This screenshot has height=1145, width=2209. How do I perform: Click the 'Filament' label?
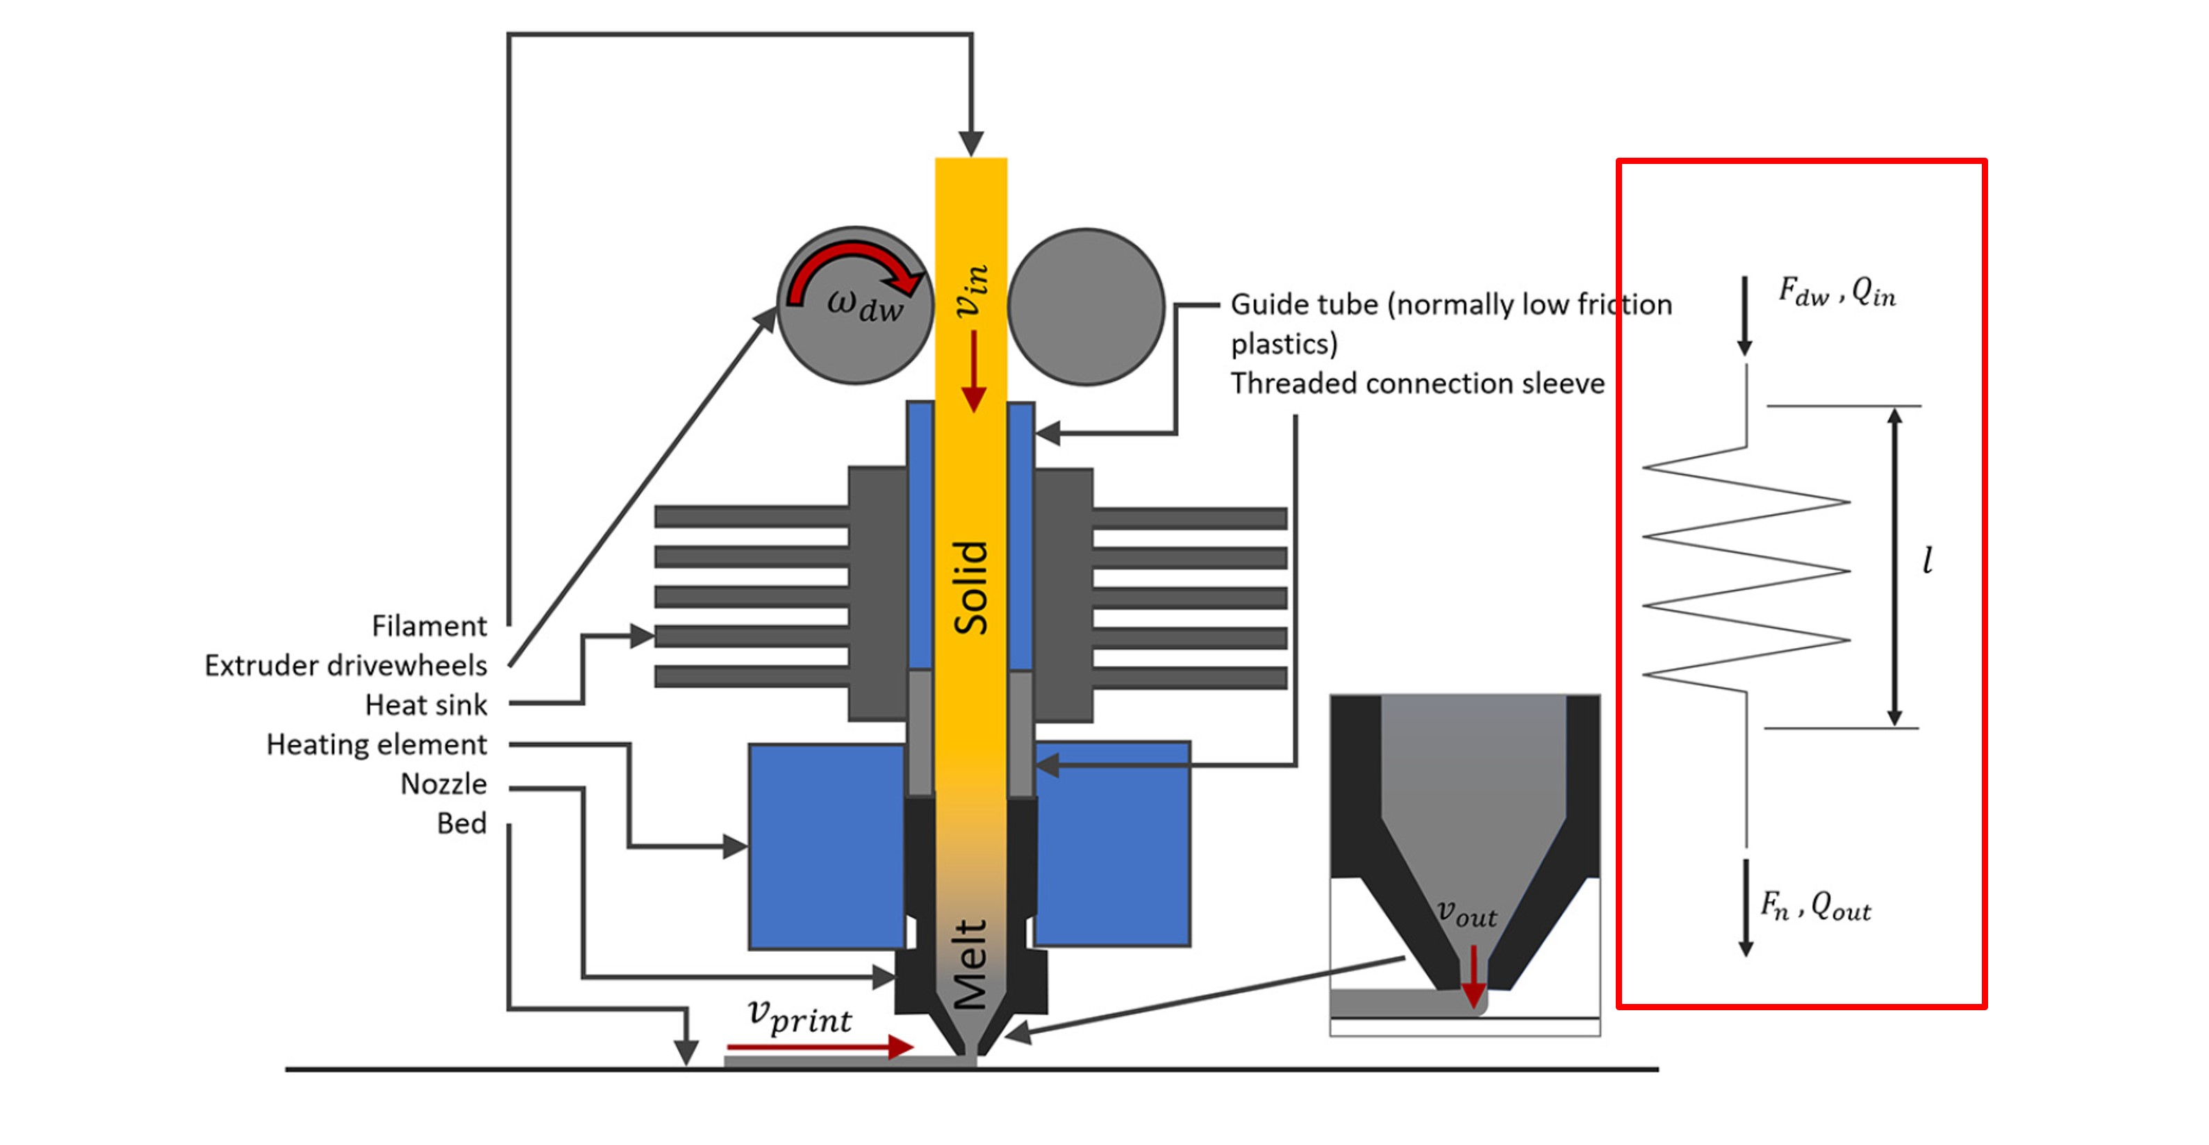429,626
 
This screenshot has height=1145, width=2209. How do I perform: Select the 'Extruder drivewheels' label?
345,666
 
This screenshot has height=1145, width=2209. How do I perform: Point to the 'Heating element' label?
377,745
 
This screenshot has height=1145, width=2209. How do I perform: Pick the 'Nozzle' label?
443,784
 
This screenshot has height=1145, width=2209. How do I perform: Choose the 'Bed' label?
461,823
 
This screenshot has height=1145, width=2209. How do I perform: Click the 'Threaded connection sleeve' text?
1416,384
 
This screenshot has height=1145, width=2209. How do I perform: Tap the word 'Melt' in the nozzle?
970,964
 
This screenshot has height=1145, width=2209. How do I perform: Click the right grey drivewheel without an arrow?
1086,306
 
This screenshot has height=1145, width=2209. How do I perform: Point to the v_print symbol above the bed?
800,1016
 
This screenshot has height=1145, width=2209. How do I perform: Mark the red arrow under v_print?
819,1047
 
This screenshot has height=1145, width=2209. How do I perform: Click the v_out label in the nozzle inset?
1466,914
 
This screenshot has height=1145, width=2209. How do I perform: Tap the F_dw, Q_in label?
1836,293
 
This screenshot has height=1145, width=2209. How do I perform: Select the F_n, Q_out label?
1815,906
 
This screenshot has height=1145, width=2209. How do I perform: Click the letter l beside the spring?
1928,560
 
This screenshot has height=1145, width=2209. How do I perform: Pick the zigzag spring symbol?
1746,570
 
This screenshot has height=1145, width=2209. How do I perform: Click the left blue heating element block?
826,846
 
